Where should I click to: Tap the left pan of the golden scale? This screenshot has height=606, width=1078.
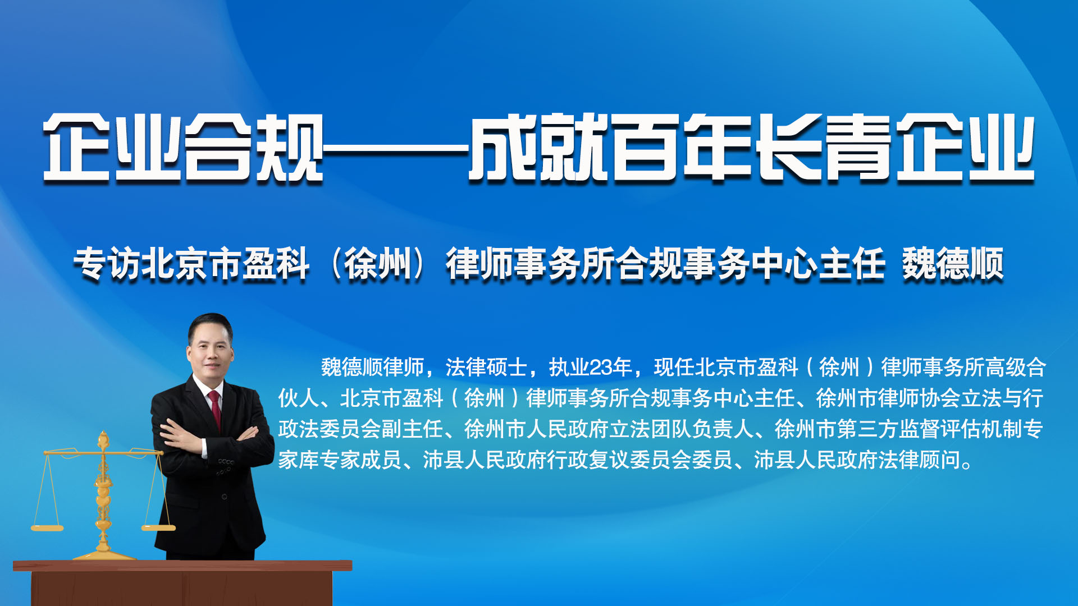pyautogui.click(x=47, y=527)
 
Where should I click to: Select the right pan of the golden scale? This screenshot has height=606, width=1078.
pyautogui.click(x=158, y=527)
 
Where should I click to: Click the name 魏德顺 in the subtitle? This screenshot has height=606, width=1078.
pyautogui.click(x=953, y=264)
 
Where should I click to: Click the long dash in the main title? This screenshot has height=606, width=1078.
pyautogui.click(x=396, y=149)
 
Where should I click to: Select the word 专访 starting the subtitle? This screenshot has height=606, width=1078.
pyautogui.click(x=107, y=264)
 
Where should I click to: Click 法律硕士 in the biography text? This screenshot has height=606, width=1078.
pyautogui.click(x=487, y=368)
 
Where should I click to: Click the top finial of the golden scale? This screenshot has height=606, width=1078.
pyautogui.click(x=103, y=439)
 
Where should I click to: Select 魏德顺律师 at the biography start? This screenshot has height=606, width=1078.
pyautogui.click(x=373, y=368)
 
